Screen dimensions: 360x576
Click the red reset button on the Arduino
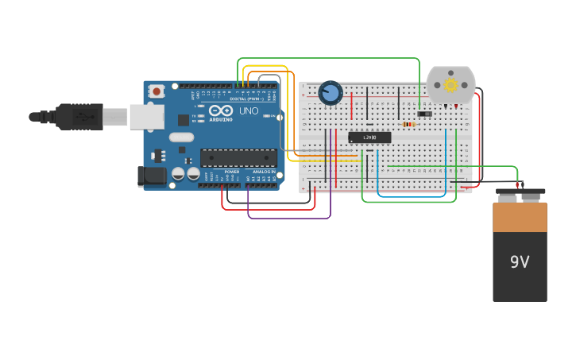[157, 91]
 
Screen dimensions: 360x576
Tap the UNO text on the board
[249, 110]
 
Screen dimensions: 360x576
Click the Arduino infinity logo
[221, 110]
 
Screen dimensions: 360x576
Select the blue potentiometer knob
[331, 93]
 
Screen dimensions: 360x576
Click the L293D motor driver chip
[369, 137]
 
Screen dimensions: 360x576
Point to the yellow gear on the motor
[450, 84]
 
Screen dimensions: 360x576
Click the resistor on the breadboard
[408, 124]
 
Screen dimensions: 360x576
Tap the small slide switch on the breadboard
[424, 114]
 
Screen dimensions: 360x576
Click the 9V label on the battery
[520, 261]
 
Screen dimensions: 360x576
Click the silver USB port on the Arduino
[146, 117]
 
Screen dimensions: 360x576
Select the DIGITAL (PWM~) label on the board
[247, 99]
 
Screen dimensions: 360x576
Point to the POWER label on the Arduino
[231, 171]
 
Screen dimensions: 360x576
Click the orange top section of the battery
[520, 217]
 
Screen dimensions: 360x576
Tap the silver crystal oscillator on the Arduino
[181, 137]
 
